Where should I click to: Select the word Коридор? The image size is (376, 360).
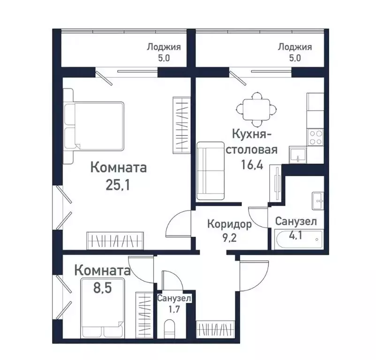pyautogui.click(x=229, y=224)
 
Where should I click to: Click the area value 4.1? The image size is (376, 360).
pyautogui.click(x=295, y=234)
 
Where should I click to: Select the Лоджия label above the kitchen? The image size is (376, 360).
pyautogui.click(x=294, y=47)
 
